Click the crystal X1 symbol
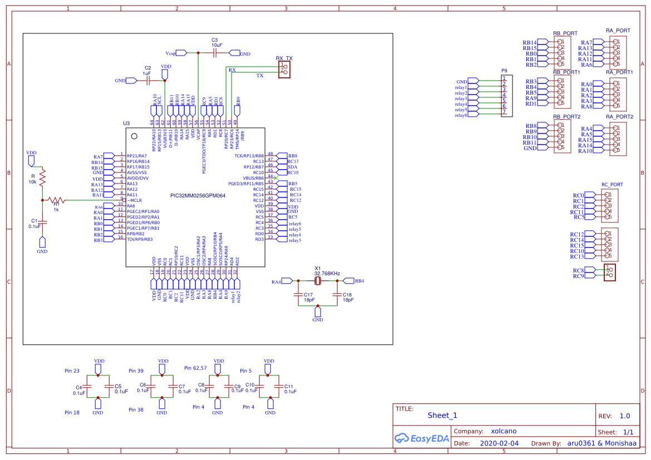pyautogui.click(x=318, y=281)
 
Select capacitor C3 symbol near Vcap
pyautogui.click(x=215, y=53)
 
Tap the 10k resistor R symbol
pyautogui.click(x=42, y=178)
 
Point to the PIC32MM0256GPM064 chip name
pyautogui.click(x=198, y=196)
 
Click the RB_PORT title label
pyautogui.click(x=565, y=33)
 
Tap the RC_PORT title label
pyautogui.click(x=612, y=184)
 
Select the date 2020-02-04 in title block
pyautogui.click(x=499, y=444)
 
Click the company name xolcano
pyautogui.click(x=504, y=431)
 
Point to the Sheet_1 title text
pyautogui.click(x=442, y=416)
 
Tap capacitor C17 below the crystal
pyautogui.click(x=299, y=296)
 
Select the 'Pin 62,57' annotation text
pyautogui.click(x=195, y=368)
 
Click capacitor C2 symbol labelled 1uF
pyautogui.click(x=148, y=81)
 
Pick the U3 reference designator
pyautogui.click(x=126, y=123)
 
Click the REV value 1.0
pyautogui.click(x=624, y=416)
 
